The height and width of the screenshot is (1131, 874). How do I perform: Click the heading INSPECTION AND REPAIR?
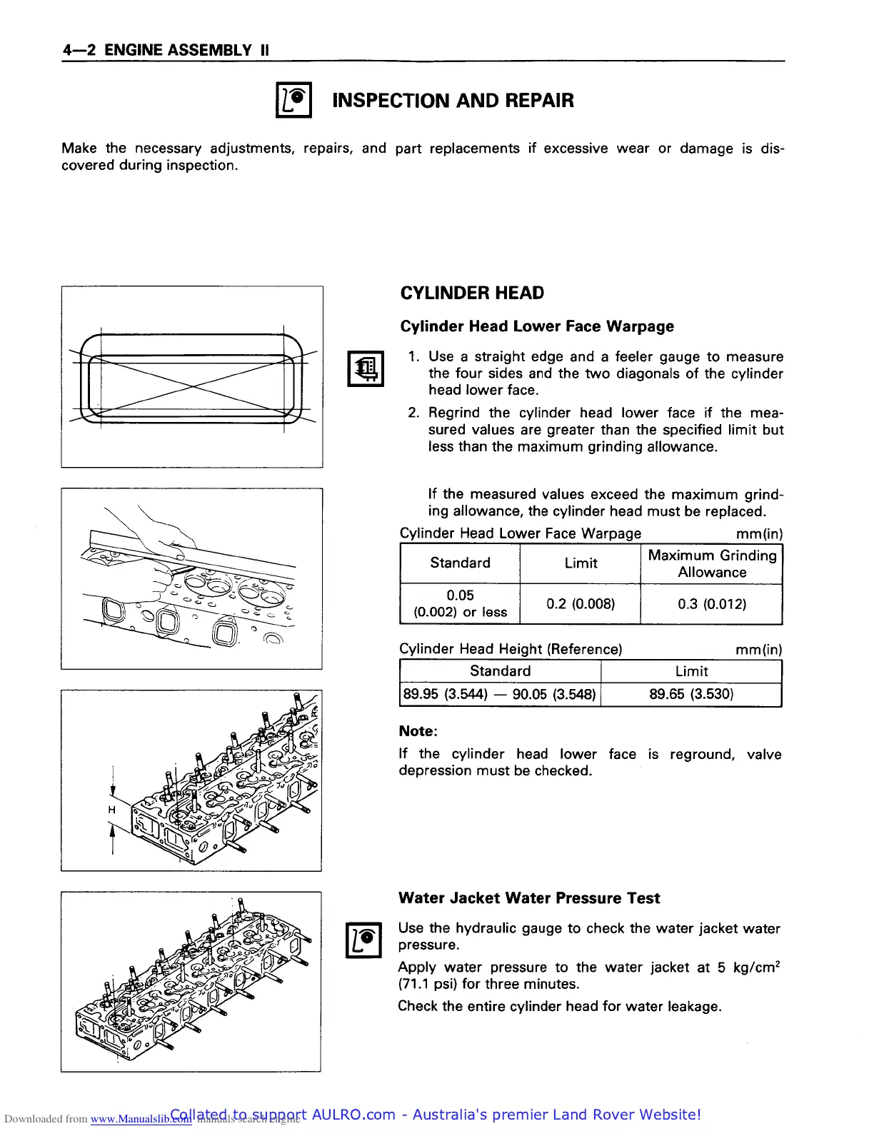pyautogui.click(x=453, y=101)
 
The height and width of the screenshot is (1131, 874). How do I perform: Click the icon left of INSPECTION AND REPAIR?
pyautogui.click(x=294, y=101)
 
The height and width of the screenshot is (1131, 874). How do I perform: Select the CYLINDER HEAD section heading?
pyautogui.click(x=472, y=293)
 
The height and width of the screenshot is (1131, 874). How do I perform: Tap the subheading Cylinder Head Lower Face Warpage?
pyautogui.click(x=537, y=326)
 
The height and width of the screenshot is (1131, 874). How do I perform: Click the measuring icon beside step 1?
pyautogui.click(x=365, y=369)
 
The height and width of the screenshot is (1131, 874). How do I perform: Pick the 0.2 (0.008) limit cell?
pyautogui.click(x=581, y=604)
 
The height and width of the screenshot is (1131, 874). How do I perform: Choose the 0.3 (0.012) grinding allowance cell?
pyautogui.click(x=712, y=604)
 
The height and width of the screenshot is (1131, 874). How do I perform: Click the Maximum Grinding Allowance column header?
pyautogui.click(x=712, y=563)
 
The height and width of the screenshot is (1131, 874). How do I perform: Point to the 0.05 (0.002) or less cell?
pyautogui.click(x=460, y=604)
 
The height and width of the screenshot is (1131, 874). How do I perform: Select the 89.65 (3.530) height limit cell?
pyautogui.click(x=691, y=694)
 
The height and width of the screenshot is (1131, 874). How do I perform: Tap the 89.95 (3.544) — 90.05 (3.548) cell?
pyautogui.click(x=500, y=694)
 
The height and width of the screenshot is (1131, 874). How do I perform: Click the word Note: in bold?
pyautogui.click(x=418, y=731)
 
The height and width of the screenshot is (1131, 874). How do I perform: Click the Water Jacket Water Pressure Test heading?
pyautogui.click(x=529, y=898)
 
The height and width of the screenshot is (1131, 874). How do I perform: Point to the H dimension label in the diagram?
pyautogui.click(x=111, y=810)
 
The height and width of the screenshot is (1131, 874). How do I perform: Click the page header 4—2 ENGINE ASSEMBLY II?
pyautogui.click(x=166, y=50)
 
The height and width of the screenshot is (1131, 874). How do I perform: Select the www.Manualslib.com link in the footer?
pyautogui.click(x=141, y=1119)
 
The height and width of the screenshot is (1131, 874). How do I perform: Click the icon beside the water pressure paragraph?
pyautogui.click(x=363, y=940)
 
